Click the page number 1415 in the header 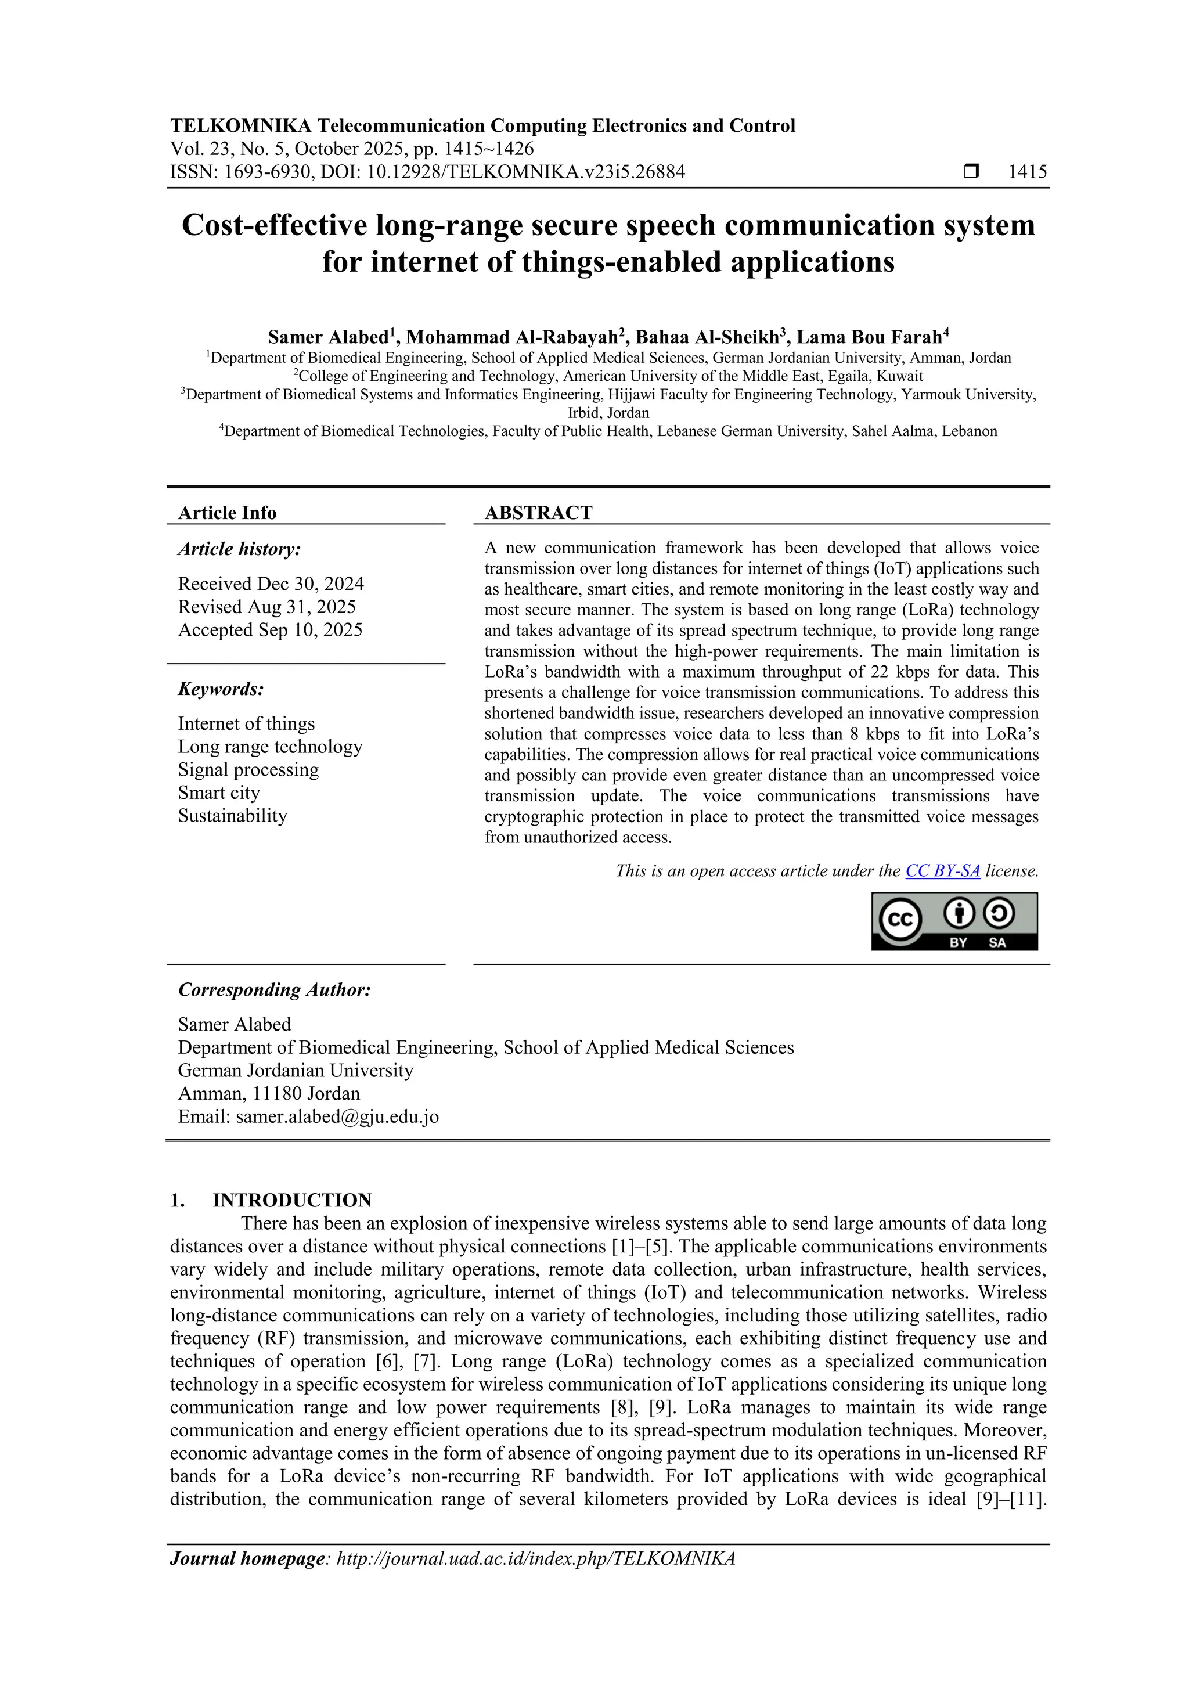coord(1027,172)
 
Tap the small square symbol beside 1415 coord(971,172)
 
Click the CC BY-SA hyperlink coord(942,871)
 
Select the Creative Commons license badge coord(954,921)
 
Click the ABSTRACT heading coord(538,513)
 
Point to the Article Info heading coord(227,513)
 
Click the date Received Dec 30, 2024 coord(271,584)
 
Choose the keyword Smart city coord(218,793)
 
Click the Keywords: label coord(221,689)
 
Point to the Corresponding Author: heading coord(274,990)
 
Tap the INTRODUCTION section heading coord(291,1200)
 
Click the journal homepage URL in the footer coord(535,1558)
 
